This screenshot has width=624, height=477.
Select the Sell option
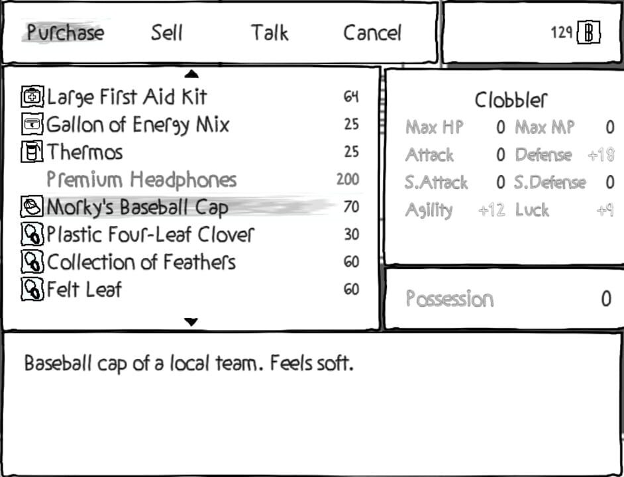point(167,32)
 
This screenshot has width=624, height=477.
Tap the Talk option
point(270,32)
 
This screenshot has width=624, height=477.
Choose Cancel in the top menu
point(372,32)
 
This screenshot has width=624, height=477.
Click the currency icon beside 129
point(589,33)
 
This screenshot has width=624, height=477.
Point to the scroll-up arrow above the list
point(191,74)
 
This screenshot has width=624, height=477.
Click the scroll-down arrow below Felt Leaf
point(191,322)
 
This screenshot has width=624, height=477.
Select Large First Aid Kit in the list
point(127,97)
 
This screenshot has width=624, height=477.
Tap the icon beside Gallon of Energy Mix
point(32,125)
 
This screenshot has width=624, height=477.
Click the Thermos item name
point(85,152)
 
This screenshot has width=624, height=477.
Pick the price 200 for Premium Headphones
point(348,180)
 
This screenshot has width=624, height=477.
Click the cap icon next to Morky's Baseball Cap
point(32,207)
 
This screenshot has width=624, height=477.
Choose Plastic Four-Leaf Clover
point(150,235)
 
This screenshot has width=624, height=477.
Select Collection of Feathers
point(141,262)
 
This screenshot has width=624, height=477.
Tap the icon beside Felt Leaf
point(32,290)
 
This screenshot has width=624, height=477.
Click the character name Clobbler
point(511,100)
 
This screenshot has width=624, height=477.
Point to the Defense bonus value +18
point(601,155)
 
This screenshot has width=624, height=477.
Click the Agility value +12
point(492,210)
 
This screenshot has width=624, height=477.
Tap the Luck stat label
point(532,210)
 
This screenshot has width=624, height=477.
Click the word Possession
point(450,299)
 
